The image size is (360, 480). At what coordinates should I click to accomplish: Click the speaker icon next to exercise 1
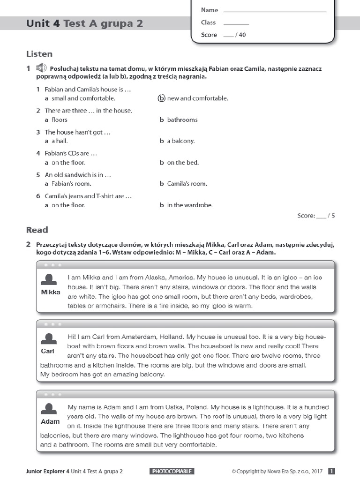coord(42,68)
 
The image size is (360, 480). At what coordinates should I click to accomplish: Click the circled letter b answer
coord(161,98)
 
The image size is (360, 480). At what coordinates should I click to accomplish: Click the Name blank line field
coord(275,10)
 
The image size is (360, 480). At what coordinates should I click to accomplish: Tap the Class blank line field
coord(236,23)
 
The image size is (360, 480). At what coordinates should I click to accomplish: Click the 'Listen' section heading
coord(39,54)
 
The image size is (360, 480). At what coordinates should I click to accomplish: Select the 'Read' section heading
coord(37,230)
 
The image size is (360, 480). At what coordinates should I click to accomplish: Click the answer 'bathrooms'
coord(182,120)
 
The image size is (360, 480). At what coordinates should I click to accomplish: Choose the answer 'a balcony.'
coord(180,141)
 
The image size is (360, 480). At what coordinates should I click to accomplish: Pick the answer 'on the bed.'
coord(183,163)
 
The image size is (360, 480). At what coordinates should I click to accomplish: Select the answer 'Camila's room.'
coord(187,184)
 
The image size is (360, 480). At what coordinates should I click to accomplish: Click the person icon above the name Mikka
coord(49,280)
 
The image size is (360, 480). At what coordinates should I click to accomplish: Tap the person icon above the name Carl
coord(49,339)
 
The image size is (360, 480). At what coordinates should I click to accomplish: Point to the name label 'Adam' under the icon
coord(50,421)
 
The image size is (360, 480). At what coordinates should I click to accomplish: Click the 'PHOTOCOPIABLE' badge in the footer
coord(172,471)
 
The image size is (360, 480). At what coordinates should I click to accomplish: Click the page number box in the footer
coord(331,471)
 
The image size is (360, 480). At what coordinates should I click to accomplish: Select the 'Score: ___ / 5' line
coord(316,216)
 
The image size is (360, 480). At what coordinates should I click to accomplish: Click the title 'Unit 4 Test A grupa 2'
coord(84,23)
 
